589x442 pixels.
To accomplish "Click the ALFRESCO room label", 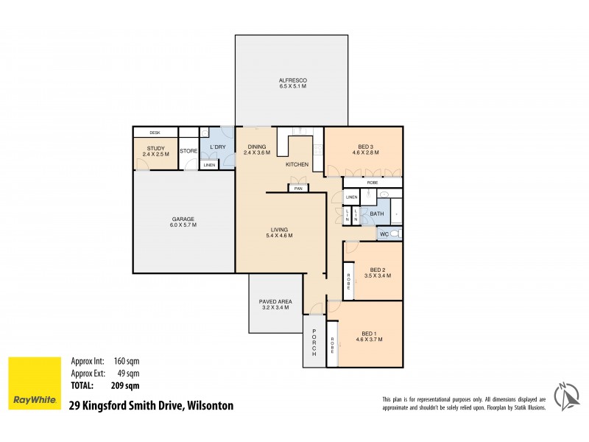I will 292,80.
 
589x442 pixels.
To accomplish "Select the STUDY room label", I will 156,147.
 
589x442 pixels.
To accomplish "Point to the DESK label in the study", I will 155,133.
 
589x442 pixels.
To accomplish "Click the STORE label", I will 188,151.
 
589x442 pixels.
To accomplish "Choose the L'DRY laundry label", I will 217,147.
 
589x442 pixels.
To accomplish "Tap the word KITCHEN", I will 297,164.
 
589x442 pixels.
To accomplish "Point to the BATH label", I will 377,214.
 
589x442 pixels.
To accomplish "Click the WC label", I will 384,234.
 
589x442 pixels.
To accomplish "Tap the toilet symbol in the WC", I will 395,234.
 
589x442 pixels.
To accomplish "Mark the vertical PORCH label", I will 314,343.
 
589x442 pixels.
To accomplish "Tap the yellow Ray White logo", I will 34,384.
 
